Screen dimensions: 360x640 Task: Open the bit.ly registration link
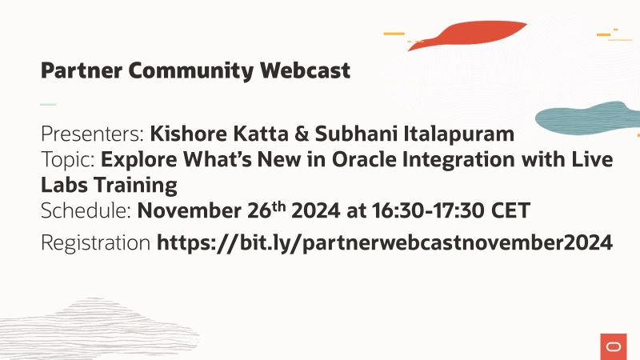click(x=385, y=242)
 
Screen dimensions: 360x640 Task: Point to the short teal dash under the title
click(x=49, y=104)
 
